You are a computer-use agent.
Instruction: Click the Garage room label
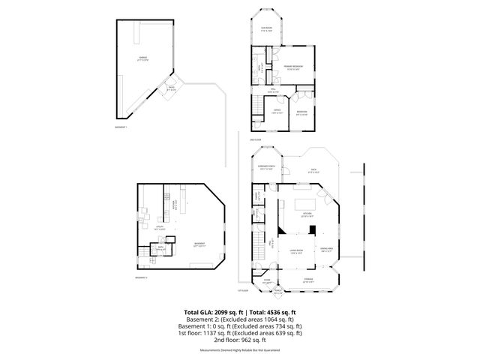pyautogui.click(x=142, y=58)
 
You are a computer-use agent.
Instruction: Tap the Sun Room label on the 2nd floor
pyautogui.click(x=265, y=30)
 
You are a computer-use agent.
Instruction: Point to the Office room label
pyautogui.click(x=277, y=111)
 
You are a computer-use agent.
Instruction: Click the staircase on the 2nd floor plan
pyautogui.click(x=258, y=105)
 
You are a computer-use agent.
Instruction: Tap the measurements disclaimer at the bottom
pyautogui.click(x=239, y=350)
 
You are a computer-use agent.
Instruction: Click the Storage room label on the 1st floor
pyautogui.click(x=307, y=281)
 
